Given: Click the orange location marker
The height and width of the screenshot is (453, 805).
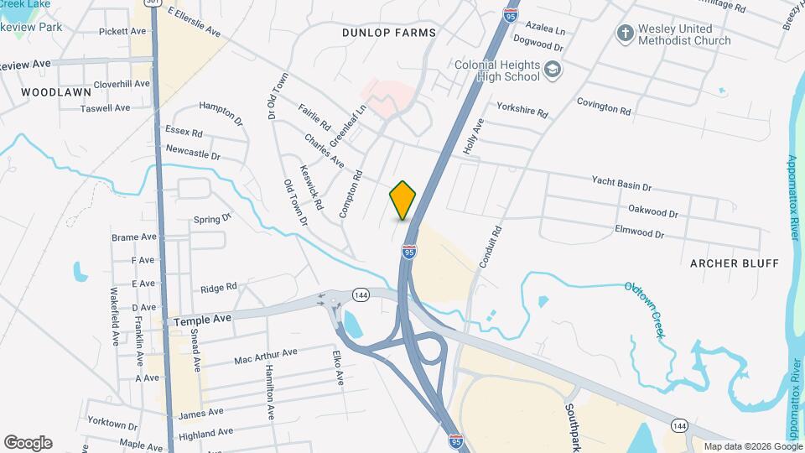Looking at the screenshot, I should (x=403, y=200).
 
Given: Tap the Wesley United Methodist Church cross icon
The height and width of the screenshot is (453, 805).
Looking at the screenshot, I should (x=624, y=34).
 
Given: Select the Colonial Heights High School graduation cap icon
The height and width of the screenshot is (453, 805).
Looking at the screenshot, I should (x=552, y=70).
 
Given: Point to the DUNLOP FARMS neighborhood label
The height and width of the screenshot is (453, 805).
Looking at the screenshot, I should (x=389, y=33).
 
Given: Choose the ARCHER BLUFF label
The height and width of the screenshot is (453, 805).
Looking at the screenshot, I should (x=735, y=263).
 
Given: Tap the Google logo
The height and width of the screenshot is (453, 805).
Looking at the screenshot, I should (x=28, y=442).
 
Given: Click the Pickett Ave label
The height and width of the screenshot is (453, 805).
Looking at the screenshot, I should (x=123, y=31).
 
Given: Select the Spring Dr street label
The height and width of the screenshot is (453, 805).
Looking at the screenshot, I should (x=211, y=219).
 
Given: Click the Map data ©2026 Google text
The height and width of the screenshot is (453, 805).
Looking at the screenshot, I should (x=753, y=446).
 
